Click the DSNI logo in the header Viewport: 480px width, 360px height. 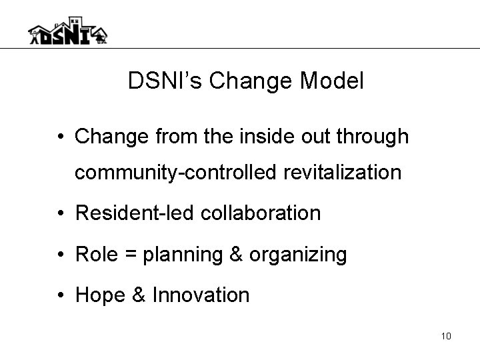click(67, 31)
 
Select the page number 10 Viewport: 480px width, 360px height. click(446, 336)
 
